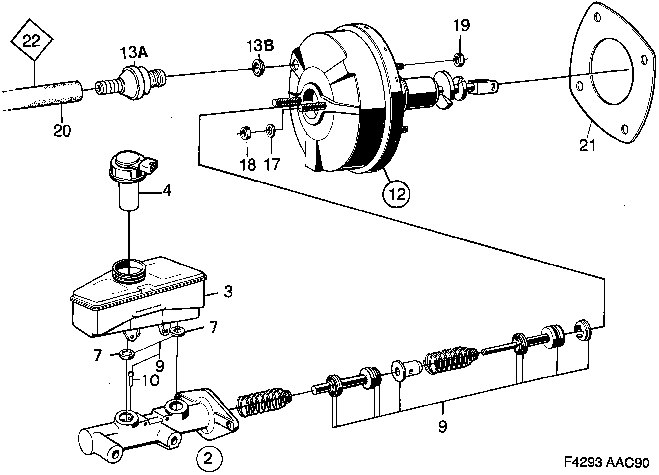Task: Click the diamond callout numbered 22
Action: tap(32, 42)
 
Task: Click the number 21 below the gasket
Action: tap(587, 145)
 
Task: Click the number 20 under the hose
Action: tap(61, 131)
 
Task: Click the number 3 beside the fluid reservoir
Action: tap(228, 292)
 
